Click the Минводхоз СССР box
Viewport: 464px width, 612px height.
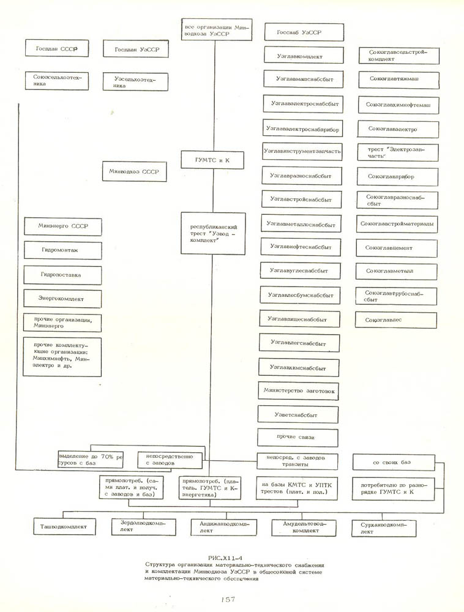[x=134, y=172]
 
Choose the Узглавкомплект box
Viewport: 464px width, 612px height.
[x=299, y=56]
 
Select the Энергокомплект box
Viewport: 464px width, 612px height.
[x=61, y=299]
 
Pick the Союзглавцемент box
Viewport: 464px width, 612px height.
[x=397, y=248]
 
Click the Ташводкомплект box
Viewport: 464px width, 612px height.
[x=63, y=526]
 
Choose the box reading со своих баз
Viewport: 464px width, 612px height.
[x=393, y=463]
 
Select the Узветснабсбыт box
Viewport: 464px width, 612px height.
[x=297, y=415]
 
